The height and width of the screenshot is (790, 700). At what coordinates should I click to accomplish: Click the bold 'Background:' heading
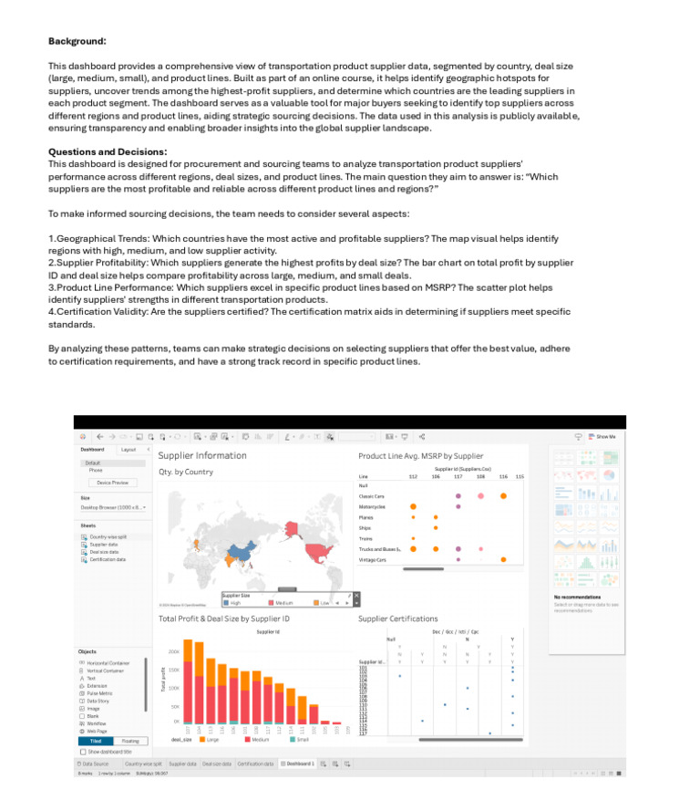(77, 41)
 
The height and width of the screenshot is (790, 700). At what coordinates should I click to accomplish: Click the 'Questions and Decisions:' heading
(108, 151)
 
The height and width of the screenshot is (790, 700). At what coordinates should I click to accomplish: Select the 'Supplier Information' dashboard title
(202, 455)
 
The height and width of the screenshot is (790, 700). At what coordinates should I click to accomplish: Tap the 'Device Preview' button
(113, 483)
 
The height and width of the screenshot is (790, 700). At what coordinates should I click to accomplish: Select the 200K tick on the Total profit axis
(174, 652)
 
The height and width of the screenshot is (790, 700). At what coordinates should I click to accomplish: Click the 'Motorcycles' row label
(372, 506)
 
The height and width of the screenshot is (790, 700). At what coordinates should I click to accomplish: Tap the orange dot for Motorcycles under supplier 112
(413, 506)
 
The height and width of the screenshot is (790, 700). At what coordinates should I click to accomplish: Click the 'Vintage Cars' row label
(372, 559)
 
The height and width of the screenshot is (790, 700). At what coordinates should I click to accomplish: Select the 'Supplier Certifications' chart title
(397, 618)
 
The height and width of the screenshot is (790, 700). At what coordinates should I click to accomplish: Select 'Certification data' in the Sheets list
(108, 559)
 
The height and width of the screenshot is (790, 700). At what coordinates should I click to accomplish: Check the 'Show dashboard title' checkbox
(83, 752)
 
